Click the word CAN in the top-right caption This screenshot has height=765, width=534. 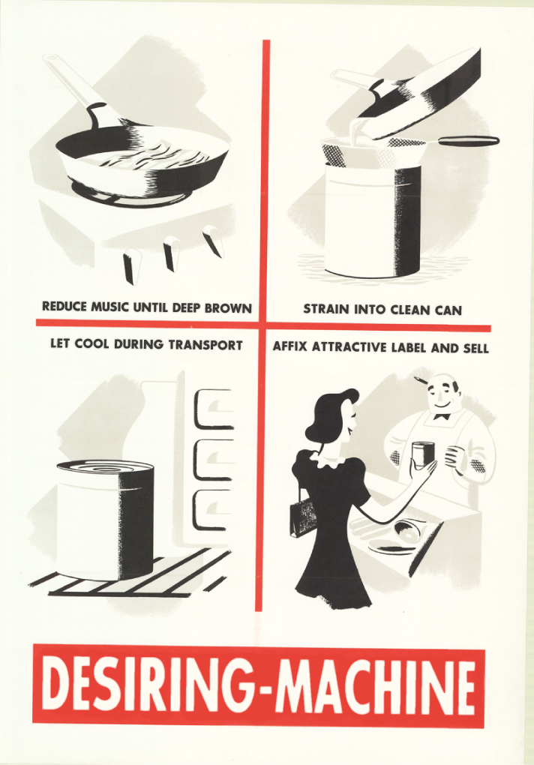448,310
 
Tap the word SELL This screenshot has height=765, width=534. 475,348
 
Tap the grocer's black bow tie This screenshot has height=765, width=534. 441,417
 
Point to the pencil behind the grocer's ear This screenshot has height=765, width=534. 423,380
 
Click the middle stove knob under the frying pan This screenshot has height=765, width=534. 169,253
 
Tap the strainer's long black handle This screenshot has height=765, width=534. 468,141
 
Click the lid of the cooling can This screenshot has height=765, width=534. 105,466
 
